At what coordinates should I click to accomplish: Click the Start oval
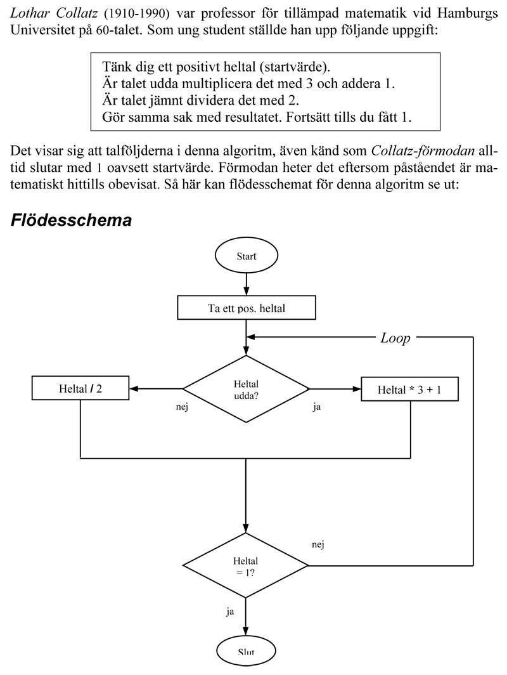[246, 257]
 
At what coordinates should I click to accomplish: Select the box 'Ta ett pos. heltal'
[246, 309]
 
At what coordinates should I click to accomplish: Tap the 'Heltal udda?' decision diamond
[246, 388]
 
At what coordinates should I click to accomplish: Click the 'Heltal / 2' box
[80, 388]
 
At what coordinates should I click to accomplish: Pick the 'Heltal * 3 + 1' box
[409, 389]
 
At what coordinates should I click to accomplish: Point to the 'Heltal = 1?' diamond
[246, 565]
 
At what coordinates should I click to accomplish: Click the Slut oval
[246, 652]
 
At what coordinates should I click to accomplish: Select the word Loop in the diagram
[395, 338]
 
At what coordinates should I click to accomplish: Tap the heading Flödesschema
[72, 220]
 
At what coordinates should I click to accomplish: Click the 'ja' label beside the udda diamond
[316, 407]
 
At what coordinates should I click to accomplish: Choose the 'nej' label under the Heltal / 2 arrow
[182, 407]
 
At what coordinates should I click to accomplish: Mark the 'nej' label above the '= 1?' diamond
[319, 544]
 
